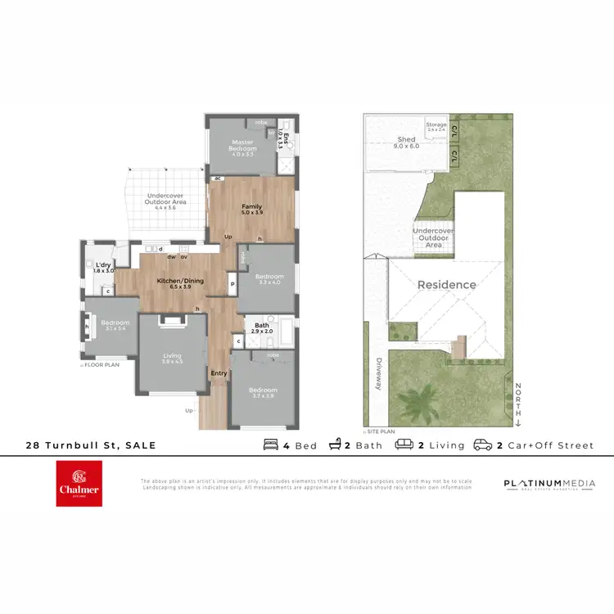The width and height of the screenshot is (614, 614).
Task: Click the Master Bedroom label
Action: [242, 145]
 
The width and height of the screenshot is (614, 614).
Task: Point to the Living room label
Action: [172, 358]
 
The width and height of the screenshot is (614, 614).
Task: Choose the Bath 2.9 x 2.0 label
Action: [263, 327]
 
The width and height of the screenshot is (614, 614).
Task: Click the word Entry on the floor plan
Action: [219, 373]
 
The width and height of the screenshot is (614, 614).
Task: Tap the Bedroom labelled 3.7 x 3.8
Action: [263, 393]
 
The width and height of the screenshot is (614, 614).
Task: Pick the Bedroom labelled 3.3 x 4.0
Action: [269, 279]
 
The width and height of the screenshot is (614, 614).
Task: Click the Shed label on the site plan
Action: [406, 142]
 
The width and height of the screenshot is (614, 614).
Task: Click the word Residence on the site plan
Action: [447, 285]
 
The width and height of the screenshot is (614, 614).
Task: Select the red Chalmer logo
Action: [79, 483]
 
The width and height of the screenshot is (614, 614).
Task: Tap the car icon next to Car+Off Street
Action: [482, 445]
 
